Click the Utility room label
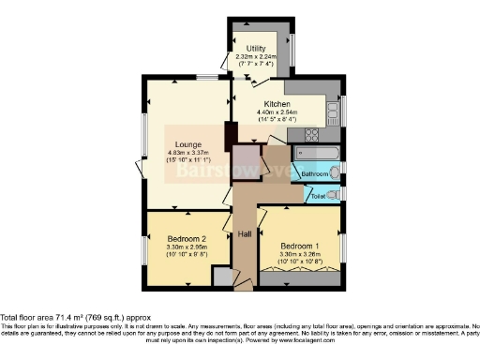[x=256, y=48]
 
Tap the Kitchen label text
[x=276, y=104]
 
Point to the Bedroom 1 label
[x=300, y=247]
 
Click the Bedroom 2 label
[x=186, y=238]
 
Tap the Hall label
[x=244, y=234]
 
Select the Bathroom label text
[x=314, y=174]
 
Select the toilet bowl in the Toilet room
[x=337, y=194]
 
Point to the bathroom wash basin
[x=337, y=171]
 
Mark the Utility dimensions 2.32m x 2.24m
[x=257, y=57]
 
